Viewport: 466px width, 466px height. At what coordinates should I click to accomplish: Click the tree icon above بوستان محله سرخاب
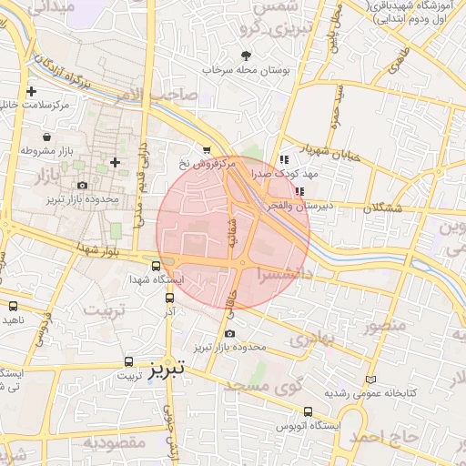coord(245,56)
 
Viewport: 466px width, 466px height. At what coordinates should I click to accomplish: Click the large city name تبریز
coord(166,368)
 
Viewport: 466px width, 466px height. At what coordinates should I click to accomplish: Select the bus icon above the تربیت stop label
coord(127,360)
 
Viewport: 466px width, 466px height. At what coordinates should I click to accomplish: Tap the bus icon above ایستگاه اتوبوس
coord(309,411)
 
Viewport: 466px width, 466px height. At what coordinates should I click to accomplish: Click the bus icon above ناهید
coord(14,306)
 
